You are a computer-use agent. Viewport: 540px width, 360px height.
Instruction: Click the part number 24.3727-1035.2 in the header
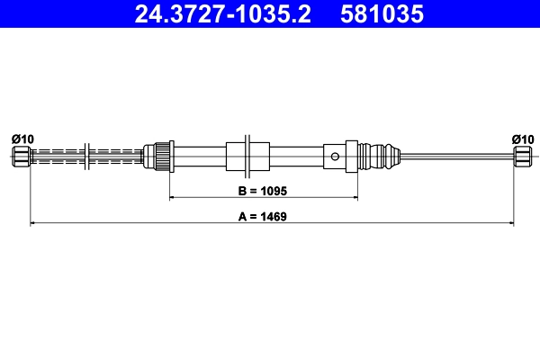pyautogui.click(x=222, y=14)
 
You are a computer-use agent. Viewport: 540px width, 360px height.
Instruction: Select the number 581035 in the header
pyautogui.click(x=379, y=14)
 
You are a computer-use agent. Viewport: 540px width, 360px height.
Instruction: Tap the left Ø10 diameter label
pyautogui.click(x=22, y=139)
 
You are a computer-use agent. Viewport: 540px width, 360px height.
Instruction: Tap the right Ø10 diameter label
pyautogui.click(x=522, y=139)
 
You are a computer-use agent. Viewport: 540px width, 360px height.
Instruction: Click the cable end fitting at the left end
pyautogui.click(x=22, y=157)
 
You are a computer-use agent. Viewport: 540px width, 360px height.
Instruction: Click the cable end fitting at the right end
pyautogui.click(x=522, y=157)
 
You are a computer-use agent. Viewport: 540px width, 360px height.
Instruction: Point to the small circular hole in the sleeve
pyautogui.click(x=335, y=157)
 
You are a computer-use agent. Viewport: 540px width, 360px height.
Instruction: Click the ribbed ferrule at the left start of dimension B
pyautogui.click(x=162, y=156)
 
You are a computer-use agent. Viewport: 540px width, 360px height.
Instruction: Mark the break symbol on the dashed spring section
pyautogui.click(x=87, y=156)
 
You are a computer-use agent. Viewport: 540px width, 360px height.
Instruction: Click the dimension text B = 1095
pyautogui.click(x=263, y=190)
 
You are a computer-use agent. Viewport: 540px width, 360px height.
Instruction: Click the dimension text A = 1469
pyautogui.click(x=263, y=216)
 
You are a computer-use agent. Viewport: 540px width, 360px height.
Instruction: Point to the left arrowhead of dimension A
pyautogui.click(x=34, y=222)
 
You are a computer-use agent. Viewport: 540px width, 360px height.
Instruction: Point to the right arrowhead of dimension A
pyautogui.click(x=510, y=222)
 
